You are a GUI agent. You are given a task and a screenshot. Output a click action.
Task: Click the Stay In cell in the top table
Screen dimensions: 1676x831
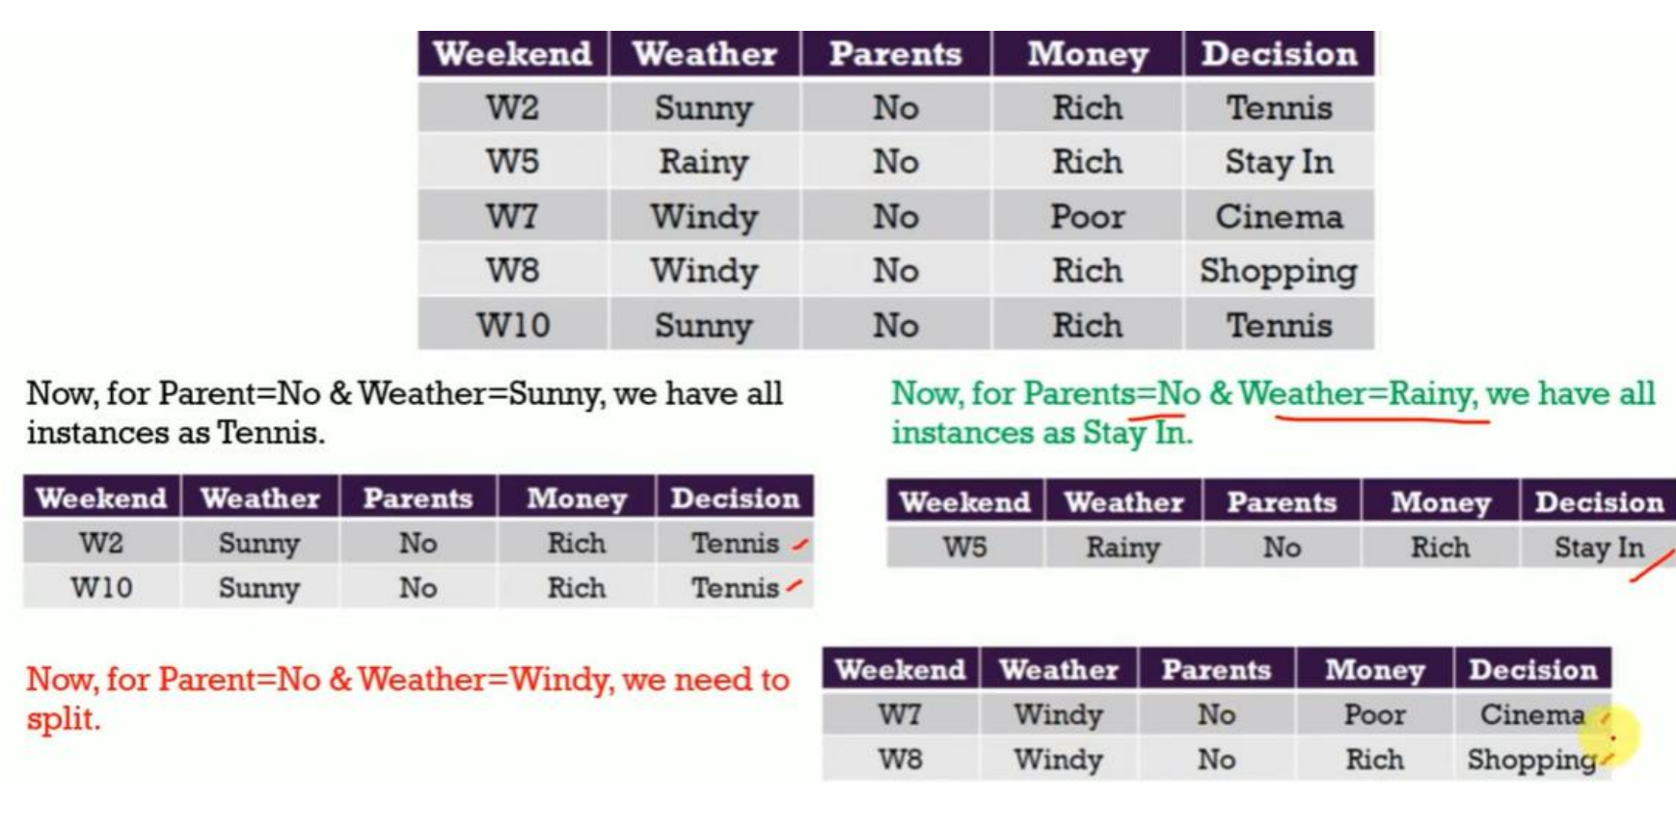pyautogui.click(x=1279, y=162)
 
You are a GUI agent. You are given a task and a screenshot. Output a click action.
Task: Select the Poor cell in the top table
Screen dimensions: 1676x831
pyautogui.click(x=1087, y=216)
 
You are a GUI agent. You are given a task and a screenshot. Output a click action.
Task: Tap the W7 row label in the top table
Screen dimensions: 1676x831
pyautogui.click(x=511, y=216)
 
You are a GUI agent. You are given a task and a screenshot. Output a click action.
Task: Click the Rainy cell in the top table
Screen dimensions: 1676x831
pyautogui.click(x=703, y=162)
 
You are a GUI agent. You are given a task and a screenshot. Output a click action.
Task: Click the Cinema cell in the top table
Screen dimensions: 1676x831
pyautogui.click(x=1279, y=216)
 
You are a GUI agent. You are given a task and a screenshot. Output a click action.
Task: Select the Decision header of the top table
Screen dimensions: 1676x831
pyautogui.click(x=1279, y=54)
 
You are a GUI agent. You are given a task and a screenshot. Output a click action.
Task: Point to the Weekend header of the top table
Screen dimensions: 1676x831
pyautogui.click(x=512, y=54)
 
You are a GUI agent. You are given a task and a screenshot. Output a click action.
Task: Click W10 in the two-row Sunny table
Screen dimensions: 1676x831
pyautogui.click(x=101, y=587)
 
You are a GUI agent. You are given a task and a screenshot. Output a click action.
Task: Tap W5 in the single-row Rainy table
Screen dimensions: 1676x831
pyautogui.click(x=964, y=547)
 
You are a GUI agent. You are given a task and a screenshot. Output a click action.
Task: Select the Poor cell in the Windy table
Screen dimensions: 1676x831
pyautogui.click(x=1374, y=714)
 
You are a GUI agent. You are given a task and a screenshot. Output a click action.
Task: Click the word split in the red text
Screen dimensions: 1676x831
pyautogui.click(x=63, y=719)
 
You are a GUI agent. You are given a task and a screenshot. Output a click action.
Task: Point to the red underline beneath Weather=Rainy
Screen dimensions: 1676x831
pyautogui.click(x=1382, y=419)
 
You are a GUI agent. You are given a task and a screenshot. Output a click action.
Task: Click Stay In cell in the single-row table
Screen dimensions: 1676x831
pyautogui.click(x=1598, y=547)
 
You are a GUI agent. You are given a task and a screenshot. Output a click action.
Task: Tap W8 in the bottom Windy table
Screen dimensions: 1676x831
pyautogui.click(x=900, y=759)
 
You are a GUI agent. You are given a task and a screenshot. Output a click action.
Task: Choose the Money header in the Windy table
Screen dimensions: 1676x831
pyautogui.click(x=1374, y=669)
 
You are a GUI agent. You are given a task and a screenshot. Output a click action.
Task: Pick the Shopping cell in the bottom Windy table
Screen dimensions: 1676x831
pyautogui.click(x=1531, y=760)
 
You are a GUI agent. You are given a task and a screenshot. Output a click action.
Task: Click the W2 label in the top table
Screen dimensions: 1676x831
pyautogui.click(x=511, y=107)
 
